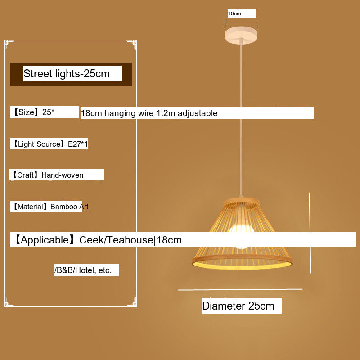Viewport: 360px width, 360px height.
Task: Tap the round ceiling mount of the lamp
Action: tap(242, 34)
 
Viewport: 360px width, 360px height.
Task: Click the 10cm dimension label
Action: tap(234, 13)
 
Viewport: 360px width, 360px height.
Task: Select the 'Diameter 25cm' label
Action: tap(238, 306)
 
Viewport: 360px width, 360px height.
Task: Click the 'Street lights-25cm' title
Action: tap(67, 74)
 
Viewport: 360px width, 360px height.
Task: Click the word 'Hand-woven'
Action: tap(62, 175)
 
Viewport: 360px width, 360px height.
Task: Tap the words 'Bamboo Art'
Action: tap(69, 207)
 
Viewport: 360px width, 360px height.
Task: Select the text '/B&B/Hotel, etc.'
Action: tap(83, 270)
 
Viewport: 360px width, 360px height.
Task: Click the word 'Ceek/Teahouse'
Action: tap(116, 240)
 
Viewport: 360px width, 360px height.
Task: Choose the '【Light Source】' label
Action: tap(38, 144)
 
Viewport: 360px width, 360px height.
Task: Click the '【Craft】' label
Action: tap(25, 175)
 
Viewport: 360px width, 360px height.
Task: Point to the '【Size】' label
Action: tap(26, 112)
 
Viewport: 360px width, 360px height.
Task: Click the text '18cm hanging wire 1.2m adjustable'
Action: tap(149, 113)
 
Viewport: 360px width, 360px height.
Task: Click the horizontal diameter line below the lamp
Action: tap(240, 290)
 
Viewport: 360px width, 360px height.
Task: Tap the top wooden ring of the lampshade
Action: tap(242, 202)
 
